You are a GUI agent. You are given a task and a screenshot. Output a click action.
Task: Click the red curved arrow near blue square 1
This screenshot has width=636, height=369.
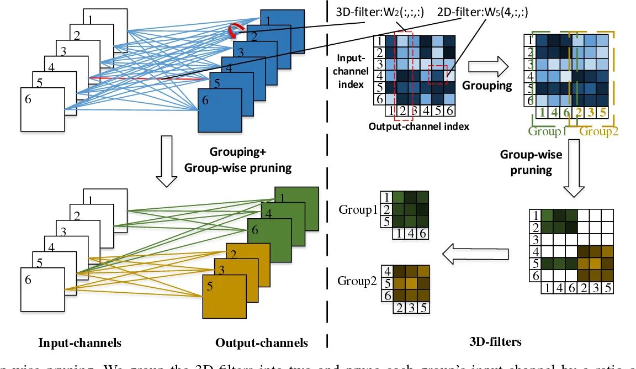[234, 32]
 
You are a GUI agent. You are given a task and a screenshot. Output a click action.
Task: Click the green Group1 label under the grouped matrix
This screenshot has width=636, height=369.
[548, 131]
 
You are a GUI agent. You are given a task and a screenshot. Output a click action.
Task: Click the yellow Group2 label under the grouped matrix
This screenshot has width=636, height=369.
[598, 131]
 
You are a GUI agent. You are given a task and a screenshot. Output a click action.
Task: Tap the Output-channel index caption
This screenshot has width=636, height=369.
[418, 126]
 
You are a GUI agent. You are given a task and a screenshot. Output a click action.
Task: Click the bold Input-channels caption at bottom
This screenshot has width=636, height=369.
[79, 343]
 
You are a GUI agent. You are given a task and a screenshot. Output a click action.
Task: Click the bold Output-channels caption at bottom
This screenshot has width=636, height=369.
[262, 343]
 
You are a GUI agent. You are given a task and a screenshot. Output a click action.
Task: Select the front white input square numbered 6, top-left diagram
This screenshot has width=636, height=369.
[43, 110]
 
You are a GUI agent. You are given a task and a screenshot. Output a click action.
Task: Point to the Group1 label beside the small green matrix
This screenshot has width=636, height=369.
[357, 210]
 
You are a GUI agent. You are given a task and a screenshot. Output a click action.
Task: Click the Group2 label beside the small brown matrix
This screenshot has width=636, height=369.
[357, 281]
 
